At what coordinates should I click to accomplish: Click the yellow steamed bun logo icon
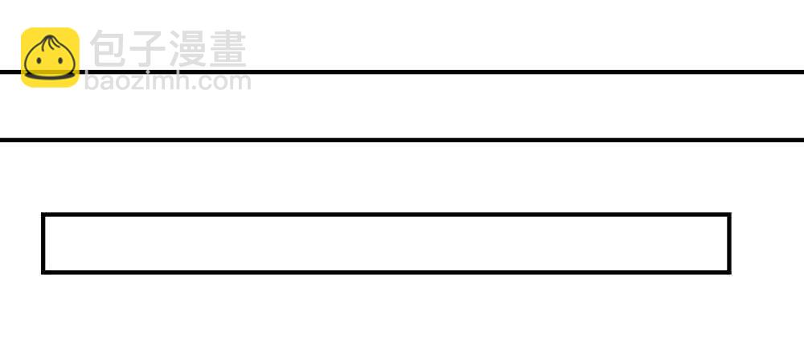50,57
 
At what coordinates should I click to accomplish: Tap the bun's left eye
39,61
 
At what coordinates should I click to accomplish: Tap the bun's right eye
60,61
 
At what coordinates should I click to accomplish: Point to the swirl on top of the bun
50,43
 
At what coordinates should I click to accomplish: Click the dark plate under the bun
50,76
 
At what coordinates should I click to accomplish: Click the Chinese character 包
108,49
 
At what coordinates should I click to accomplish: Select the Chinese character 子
147,49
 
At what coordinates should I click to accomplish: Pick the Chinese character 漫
187,49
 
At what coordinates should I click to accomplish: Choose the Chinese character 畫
228,49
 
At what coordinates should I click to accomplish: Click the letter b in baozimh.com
92,81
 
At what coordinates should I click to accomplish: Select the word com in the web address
227,83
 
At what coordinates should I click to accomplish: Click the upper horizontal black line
402,72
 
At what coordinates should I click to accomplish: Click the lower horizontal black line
402,140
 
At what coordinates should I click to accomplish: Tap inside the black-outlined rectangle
386,243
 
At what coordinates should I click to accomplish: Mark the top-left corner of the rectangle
42,213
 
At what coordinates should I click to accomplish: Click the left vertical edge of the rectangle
43,243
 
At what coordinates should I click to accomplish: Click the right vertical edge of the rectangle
729,243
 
